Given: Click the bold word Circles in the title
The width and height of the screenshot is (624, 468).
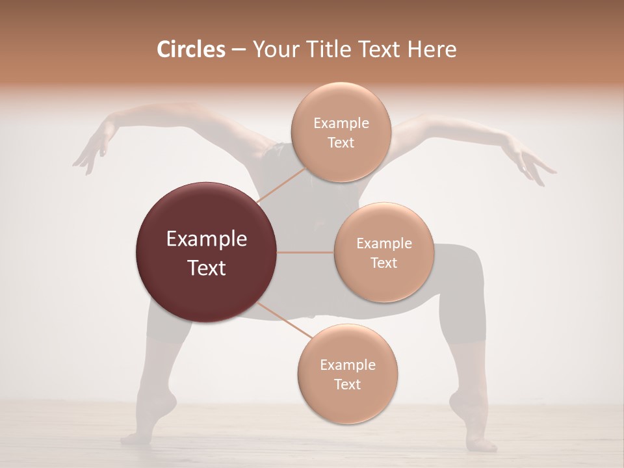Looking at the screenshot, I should click(x=191, y=49).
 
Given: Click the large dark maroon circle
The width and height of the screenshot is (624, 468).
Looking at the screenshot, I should click(x=207, y=252).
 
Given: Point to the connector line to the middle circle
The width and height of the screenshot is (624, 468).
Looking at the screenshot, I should click(x=305, y=252).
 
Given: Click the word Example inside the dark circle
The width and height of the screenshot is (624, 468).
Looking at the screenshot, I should click(x=207, y=239).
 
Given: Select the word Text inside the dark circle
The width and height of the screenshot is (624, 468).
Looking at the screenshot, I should click(x=207, y=268).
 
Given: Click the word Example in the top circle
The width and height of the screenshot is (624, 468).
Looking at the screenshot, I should click(x=341, y=123).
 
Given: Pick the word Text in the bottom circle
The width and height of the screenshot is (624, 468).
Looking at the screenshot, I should click(x=347, y=384).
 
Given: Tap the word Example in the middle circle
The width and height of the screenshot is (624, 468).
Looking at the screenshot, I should click(x=383, y=244).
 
